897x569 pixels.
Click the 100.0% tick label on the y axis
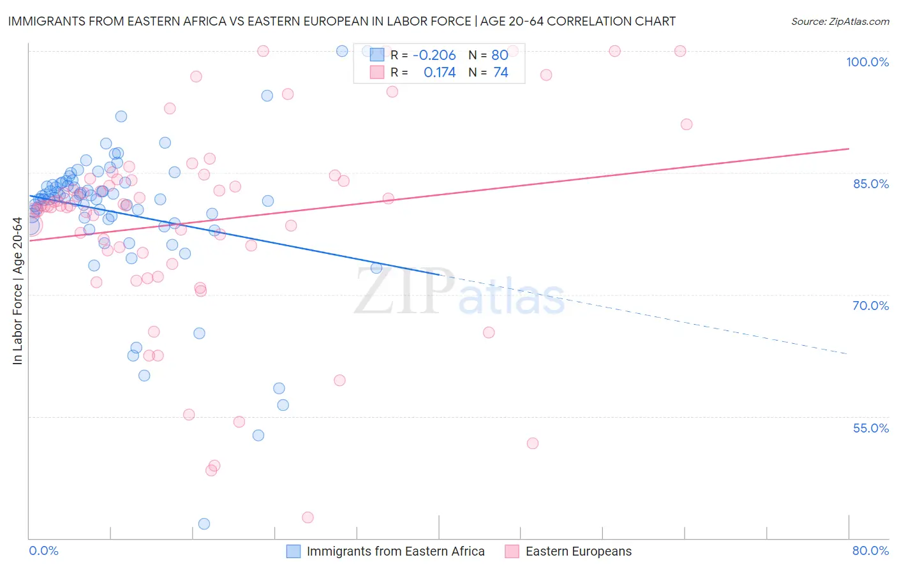tap(867, 62)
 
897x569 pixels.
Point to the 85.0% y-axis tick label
tap(871, 184)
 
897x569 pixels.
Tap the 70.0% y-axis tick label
tap(871, 306)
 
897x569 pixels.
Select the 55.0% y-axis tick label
tap(871, 428)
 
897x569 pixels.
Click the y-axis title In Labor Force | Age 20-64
tap(17, 291)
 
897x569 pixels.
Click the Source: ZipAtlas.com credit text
tap(840, 22)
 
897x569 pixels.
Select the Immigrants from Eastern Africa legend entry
tap(395, 552)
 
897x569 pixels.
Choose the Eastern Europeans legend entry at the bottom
tap(578, 552)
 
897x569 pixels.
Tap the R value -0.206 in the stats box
tap(434, 55)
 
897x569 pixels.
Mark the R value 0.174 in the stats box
tap(440, 73)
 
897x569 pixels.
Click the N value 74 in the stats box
tap(501, 73)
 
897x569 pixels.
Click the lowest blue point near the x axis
tap(204, 524)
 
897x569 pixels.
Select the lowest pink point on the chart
tap(308, 517)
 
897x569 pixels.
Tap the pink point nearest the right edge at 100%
tap(680, 51)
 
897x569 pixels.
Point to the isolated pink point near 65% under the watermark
tap(489, 332)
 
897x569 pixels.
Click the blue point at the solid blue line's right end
tap(376, 268)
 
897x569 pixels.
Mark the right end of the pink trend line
tap(849, 149)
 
